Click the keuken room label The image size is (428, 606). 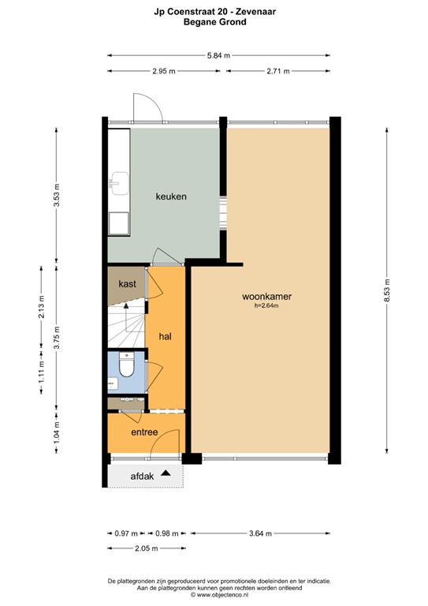pos(170,196)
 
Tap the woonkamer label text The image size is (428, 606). pos(266,297)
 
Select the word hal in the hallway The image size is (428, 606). pos(166,336)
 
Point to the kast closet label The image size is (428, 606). pos(127,283)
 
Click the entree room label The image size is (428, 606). pos(144,432)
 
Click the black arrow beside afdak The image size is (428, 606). pos(166,473)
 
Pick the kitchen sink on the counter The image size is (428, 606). pos(118,181)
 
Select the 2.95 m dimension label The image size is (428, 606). pos(164,71)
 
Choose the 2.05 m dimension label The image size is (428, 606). pos(145,548)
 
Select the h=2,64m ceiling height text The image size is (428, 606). pos(266,306)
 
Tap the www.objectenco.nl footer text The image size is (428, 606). pos(219,597)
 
